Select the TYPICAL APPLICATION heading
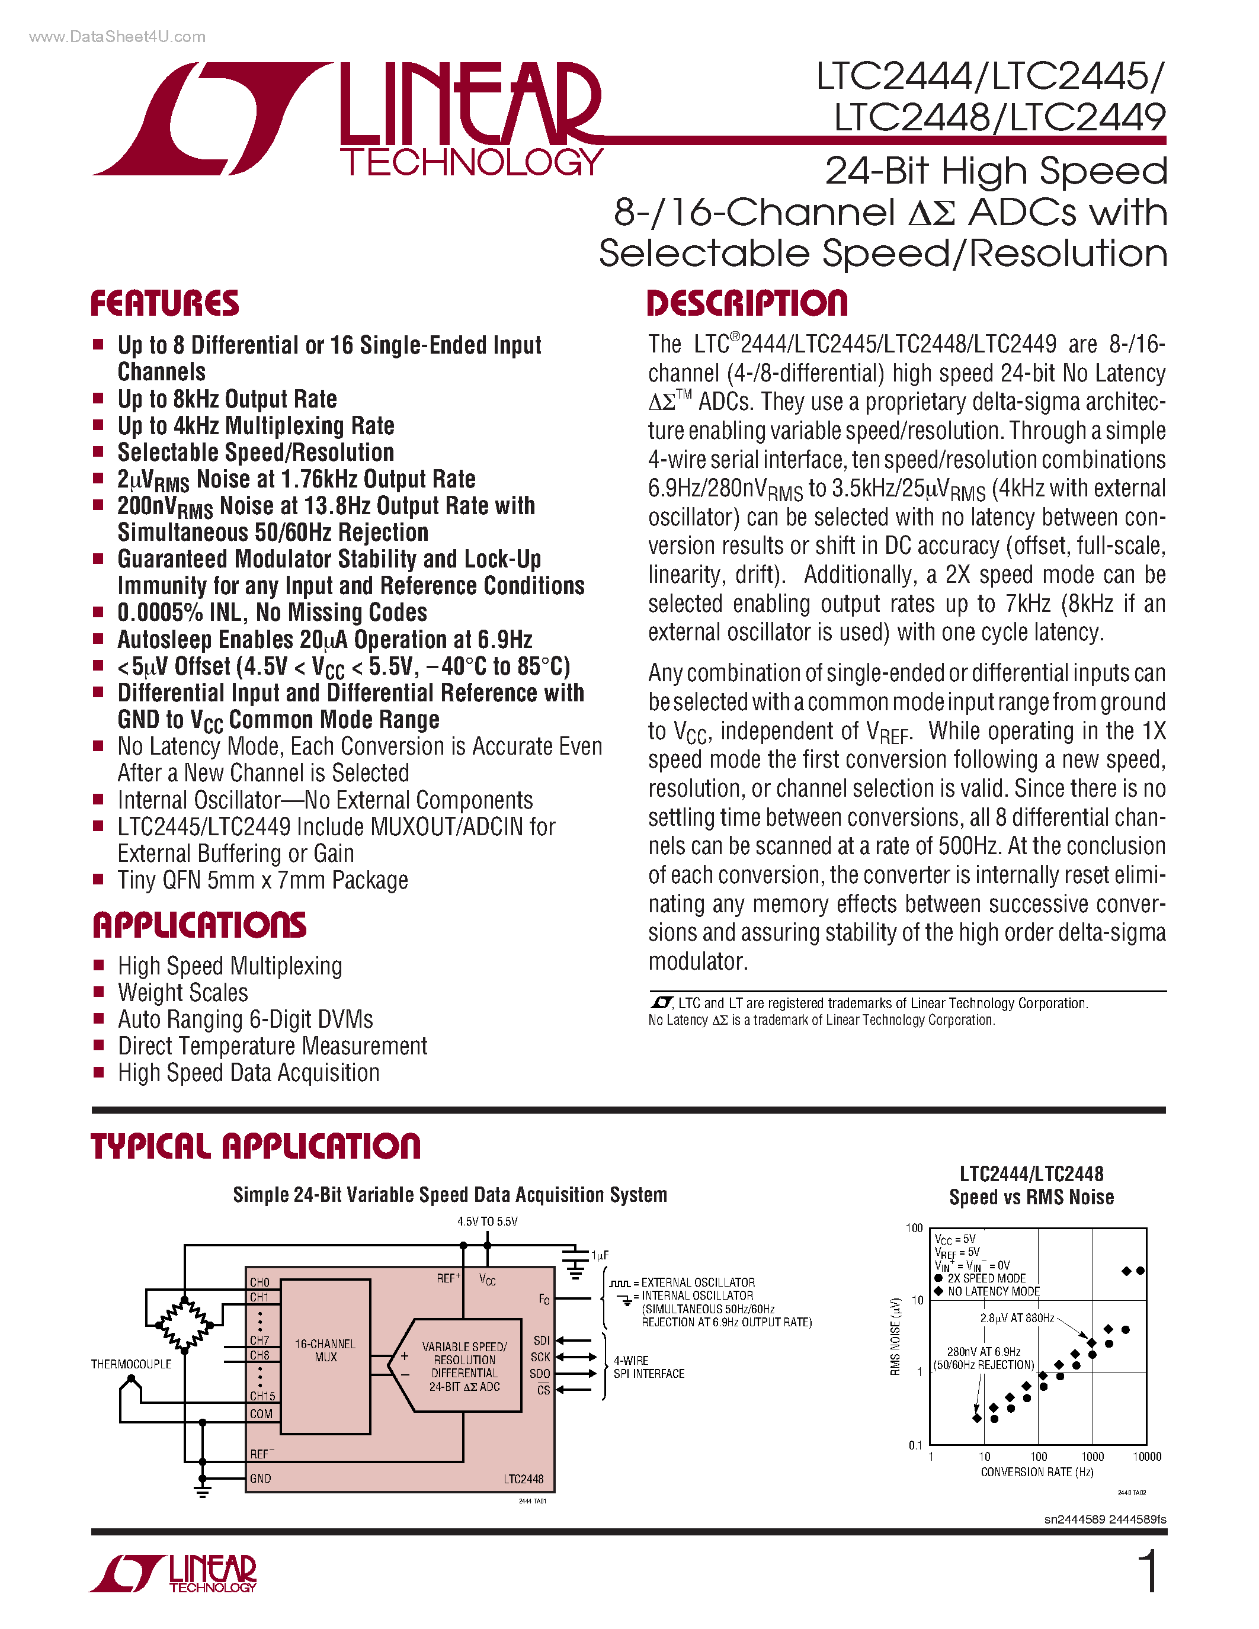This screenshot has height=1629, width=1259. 255,1146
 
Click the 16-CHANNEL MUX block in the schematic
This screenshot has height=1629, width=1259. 325,1350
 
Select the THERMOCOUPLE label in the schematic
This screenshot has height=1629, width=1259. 132,1364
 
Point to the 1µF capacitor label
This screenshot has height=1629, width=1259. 600,1255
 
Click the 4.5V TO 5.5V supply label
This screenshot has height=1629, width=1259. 487,1221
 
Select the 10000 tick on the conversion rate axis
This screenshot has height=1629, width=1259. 1146,1456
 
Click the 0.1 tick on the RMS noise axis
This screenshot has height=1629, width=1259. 915,1445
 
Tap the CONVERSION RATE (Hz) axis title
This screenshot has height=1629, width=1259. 1037,1471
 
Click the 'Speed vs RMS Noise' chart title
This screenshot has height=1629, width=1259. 1031,1197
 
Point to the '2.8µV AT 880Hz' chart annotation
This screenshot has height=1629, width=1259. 1017,1318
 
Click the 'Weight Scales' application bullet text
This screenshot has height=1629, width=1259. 182,993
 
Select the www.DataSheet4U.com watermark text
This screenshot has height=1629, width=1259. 117,37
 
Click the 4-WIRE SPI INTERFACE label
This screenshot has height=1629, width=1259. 648,1367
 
